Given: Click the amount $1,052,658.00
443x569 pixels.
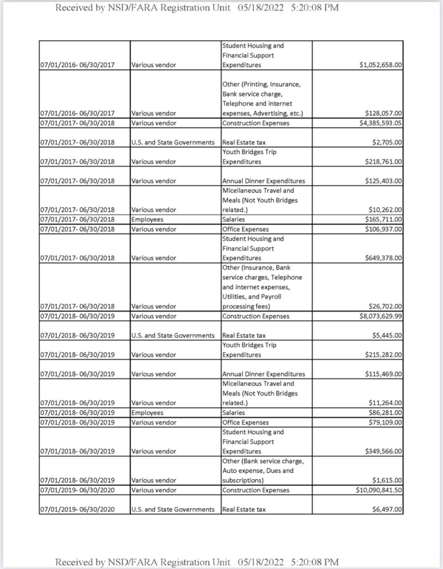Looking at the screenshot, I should tap(381, 65).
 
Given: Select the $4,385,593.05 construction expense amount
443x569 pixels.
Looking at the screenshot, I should tap(381, 123).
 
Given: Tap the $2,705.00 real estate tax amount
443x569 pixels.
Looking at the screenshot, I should tap(387, 142).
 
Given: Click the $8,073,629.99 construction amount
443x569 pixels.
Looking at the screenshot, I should tap(381, 316).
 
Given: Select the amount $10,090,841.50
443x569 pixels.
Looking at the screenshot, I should tap(379, 490).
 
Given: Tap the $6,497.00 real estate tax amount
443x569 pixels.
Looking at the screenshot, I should tap(387, 509).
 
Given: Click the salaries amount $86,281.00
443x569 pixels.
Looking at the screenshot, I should tap(385, 413).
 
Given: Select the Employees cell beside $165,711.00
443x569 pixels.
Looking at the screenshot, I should tap(147, 219).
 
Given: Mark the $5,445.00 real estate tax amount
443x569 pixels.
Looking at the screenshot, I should tap(387, 335).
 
